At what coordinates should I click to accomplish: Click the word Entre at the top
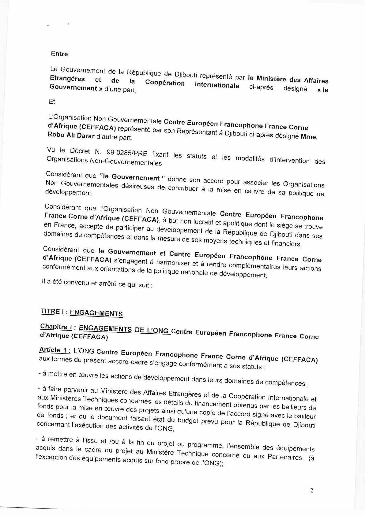pyautogui.click(x=59, y=54)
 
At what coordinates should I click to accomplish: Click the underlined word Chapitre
pyautogui.click(x=54, y=327)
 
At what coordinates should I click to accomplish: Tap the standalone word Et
pyautogui.click(x=52, y=102)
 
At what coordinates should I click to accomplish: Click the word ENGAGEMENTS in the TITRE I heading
pyautogui.click(x=96, y=313)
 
